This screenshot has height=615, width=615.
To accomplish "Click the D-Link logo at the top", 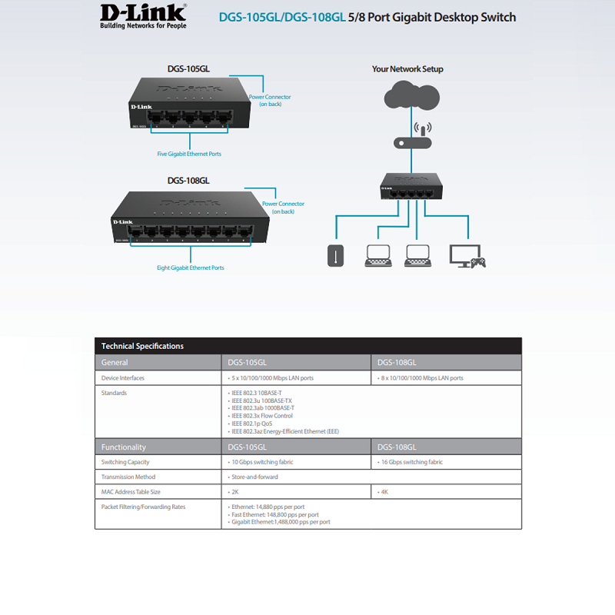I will click(143, 16).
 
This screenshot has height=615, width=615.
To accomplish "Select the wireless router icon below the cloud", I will click(412, 138).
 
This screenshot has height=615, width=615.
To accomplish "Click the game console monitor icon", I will click(467, 256).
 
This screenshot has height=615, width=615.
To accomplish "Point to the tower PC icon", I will click(334, 256).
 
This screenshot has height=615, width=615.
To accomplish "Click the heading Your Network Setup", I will click(407, 68).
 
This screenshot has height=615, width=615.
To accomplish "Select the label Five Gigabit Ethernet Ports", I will click(189, 154).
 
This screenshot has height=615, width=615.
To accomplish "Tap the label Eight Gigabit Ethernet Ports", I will click(190, 268).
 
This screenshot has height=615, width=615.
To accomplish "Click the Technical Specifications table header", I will click(143, 346).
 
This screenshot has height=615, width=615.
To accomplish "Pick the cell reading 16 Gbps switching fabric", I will click(414, 462).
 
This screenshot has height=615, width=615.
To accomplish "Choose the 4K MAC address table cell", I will click(384, 491).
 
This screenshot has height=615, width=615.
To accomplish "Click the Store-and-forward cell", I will click(254, 477).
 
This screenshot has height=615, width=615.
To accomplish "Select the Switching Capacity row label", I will click(125, 462).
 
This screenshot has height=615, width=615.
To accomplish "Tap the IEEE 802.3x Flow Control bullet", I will click(261, 416).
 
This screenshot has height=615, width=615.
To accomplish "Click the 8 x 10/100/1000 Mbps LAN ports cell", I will click(422, 378).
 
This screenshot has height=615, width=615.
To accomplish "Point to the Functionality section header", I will click(124, 447).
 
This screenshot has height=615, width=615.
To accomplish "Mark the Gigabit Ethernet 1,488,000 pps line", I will click(281, 522).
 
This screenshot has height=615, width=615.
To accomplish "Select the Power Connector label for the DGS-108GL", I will click(283, 207).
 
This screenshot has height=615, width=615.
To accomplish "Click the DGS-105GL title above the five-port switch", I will click(188, 68).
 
